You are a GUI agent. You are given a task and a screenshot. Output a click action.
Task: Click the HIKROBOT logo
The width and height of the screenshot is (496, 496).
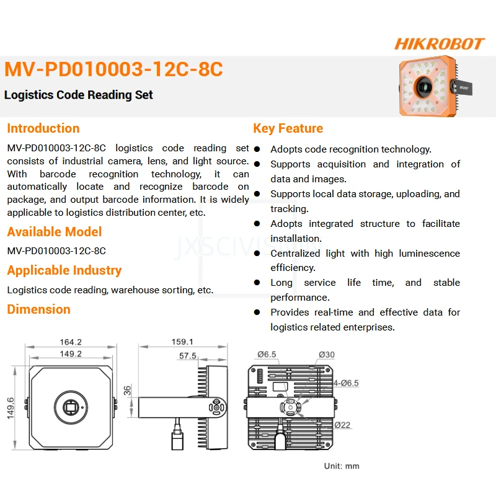click(439, 44)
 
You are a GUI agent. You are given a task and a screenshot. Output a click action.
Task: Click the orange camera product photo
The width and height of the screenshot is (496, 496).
click(428, 87)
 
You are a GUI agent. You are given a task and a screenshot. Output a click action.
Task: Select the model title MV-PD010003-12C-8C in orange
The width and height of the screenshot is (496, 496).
click(113, 69)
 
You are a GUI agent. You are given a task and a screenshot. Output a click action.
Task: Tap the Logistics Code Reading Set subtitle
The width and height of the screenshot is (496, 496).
click(79, 95)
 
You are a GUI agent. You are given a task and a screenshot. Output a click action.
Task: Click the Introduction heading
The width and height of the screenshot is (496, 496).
click(43, 128)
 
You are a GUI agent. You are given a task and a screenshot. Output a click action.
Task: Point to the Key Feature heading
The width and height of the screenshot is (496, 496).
click(288, 128)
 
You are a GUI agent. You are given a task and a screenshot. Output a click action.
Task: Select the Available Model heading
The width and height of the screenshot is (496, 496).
click(55, 232)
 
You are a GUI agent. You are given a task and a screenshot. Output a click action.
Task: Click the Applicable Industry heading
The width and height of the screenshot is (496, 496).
click(64, 270)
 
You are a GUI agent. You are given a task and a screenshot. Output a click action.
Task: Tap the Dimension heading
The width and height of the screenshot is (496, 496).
click(38, 309)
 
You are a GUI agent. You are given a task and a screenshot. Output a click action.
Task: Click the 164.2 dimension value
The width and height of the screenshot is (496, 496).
click(71, 342)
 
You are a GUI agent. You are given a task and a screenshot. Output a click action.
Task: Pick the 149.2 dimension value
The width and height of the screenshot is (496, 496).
click(71, 354)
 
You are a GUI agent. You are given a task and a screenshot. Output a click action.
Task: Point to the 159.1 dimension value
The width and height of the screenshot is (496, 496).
click(182, 342)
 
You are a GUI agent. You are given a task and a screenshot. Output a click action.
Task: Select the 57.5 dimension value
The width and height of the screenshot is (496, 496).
click(187, 356)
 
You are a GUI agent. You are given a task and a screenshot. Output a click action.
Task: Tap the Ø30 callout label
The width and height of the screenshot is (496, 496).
click(327, 355)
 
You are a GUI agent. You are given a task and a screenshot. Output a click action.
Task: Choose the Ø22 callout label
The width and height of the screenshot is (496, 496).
click(343, 425)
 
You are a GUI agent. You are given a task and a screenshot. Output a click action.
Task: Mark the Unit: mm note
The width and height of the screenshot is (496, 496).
click(342, 466)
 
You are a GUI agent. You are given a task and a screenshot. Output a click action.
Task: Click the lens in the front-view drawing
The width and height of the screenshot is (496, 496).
click(71, 407)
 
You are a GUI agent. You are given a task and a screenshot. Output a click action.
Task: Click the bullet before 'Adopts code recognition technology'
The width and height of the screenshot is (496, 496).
click(257, 149)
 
